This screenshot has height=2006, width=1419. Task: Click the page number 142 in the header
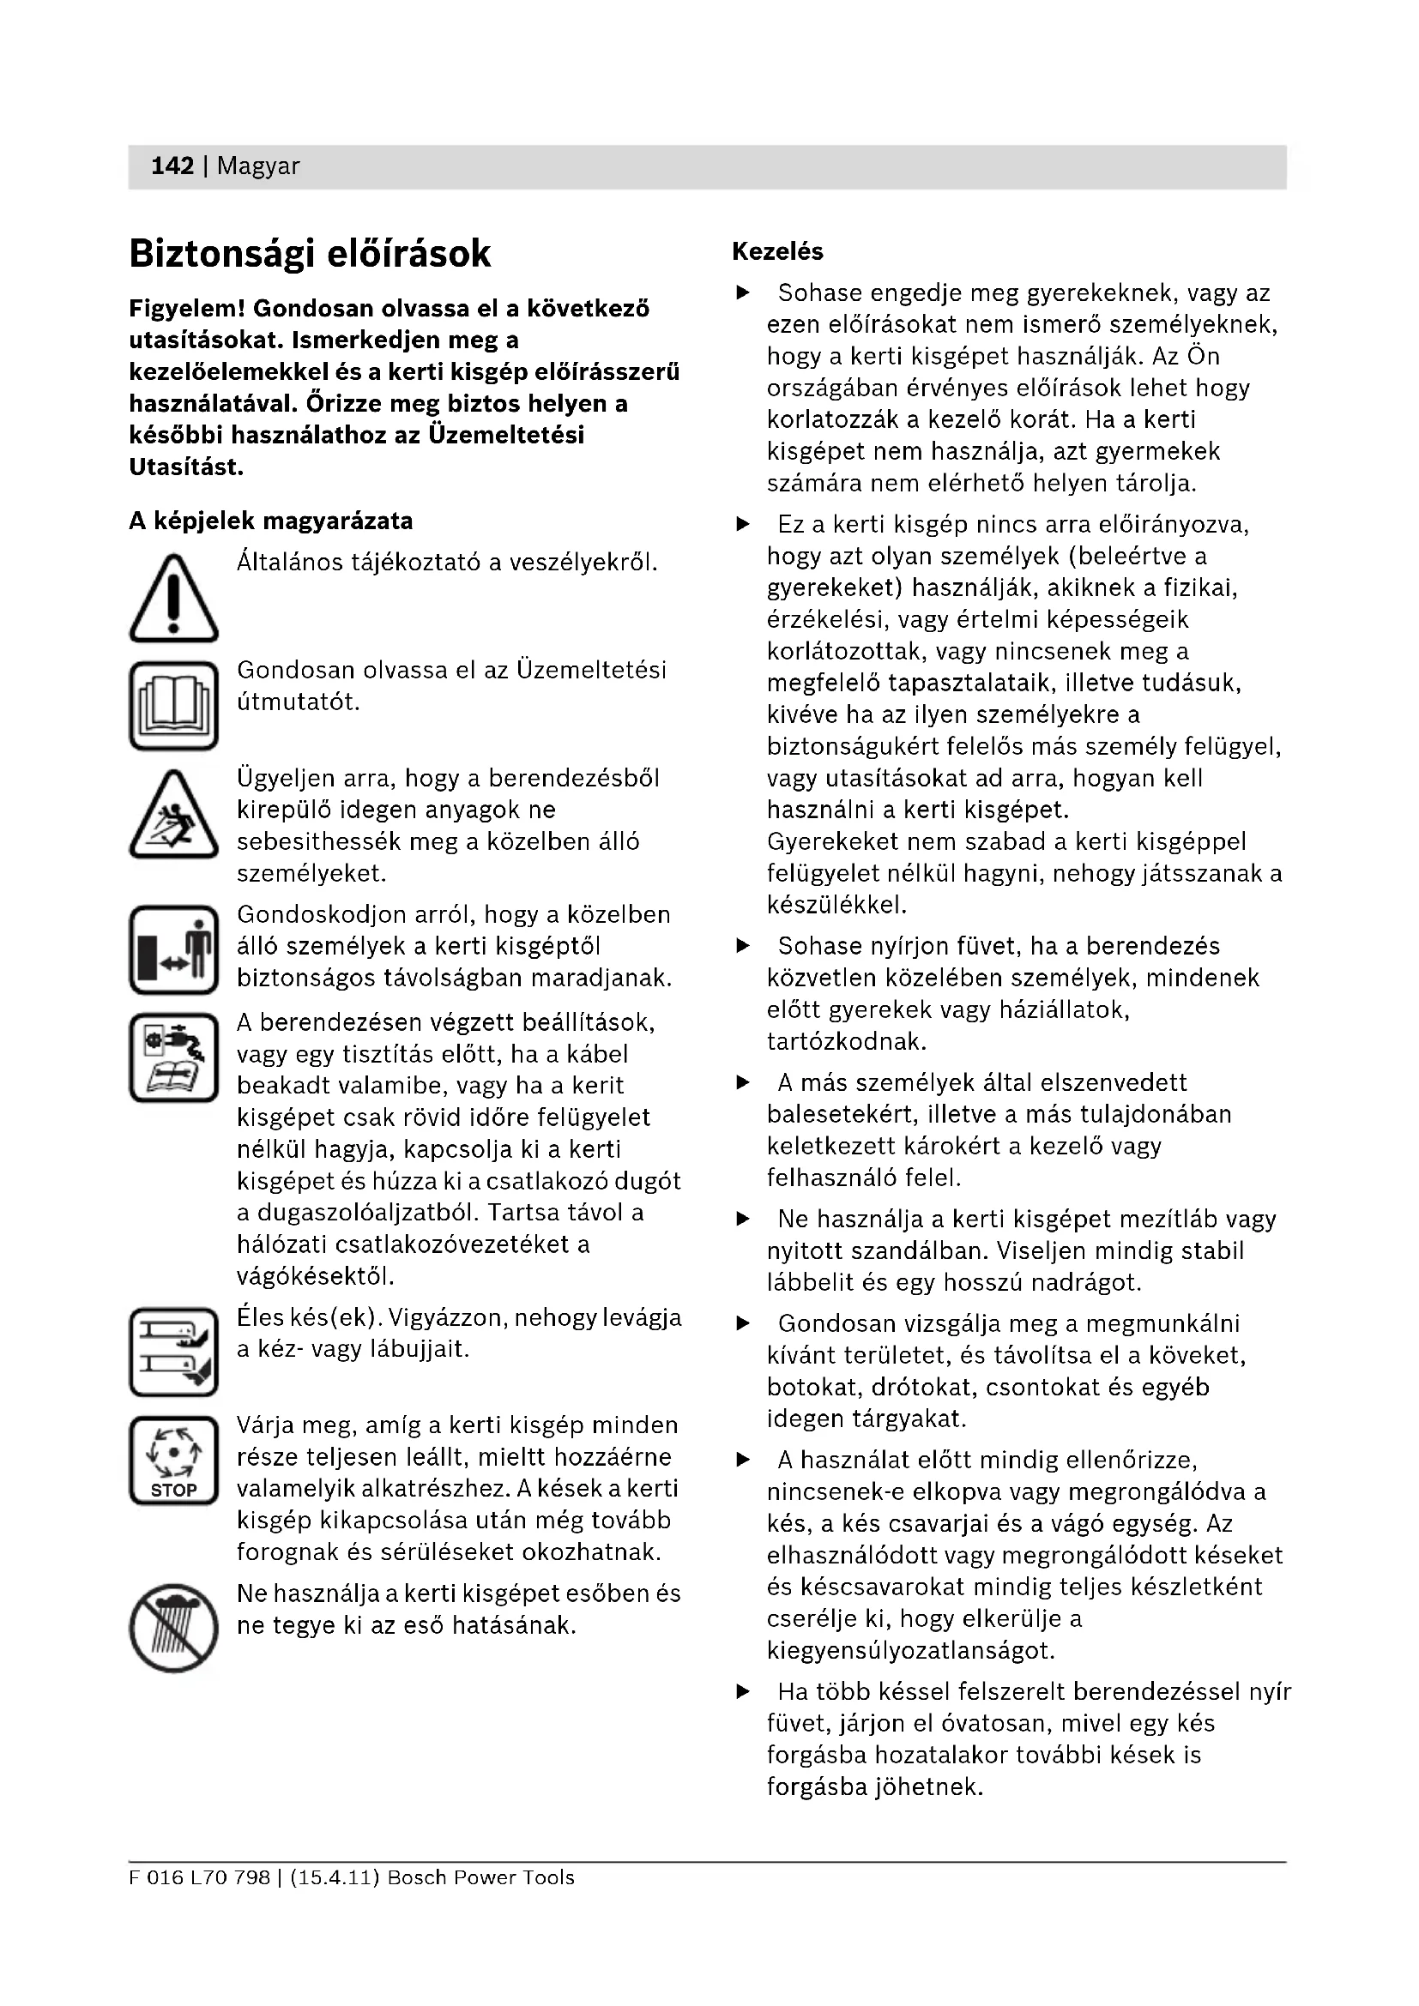(x=172, y=166)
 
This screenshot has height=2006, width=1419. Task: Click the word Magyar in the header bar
(x=257, y=166)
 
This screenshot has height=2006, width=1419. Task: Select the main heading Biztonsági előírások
(x=311, y=254)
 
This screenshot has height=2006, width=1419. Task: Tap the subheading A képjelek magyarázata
(x=271, y=521)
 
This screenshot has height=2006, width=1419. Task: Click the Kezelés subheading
(x=777, y=251)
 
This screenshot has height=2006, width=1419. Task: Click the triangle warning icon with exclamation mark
(x=174, y=599)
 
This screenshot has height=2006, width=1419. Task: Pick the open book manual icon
(x=174, y=706)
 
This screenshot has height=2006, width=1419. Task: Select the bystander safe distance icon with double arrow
(x=174, y=949)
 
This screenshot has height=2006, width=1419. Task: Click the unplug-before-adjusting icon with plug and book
(x=174, y=1057)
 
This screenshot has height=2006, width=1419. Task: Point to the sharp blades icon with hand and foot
(x=174, y=1352)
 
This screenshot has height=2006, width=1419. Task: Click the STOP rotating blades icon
(x=174, y=1461)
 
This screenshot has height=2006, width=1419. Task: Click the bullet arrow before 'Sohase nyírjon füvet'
(x=743, y=946)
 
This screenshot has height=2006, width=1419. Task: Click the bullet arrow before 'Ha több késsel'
(x=743, y=1692)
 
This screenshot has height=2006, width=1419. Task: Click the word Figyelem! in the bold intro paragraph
(x=188, y=309)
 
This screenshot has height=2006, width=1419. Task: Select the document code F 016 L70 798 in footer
(x=199, y=1877)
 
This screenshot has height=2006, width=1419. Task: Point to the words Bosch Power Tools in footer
(x=480, y=1877)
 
